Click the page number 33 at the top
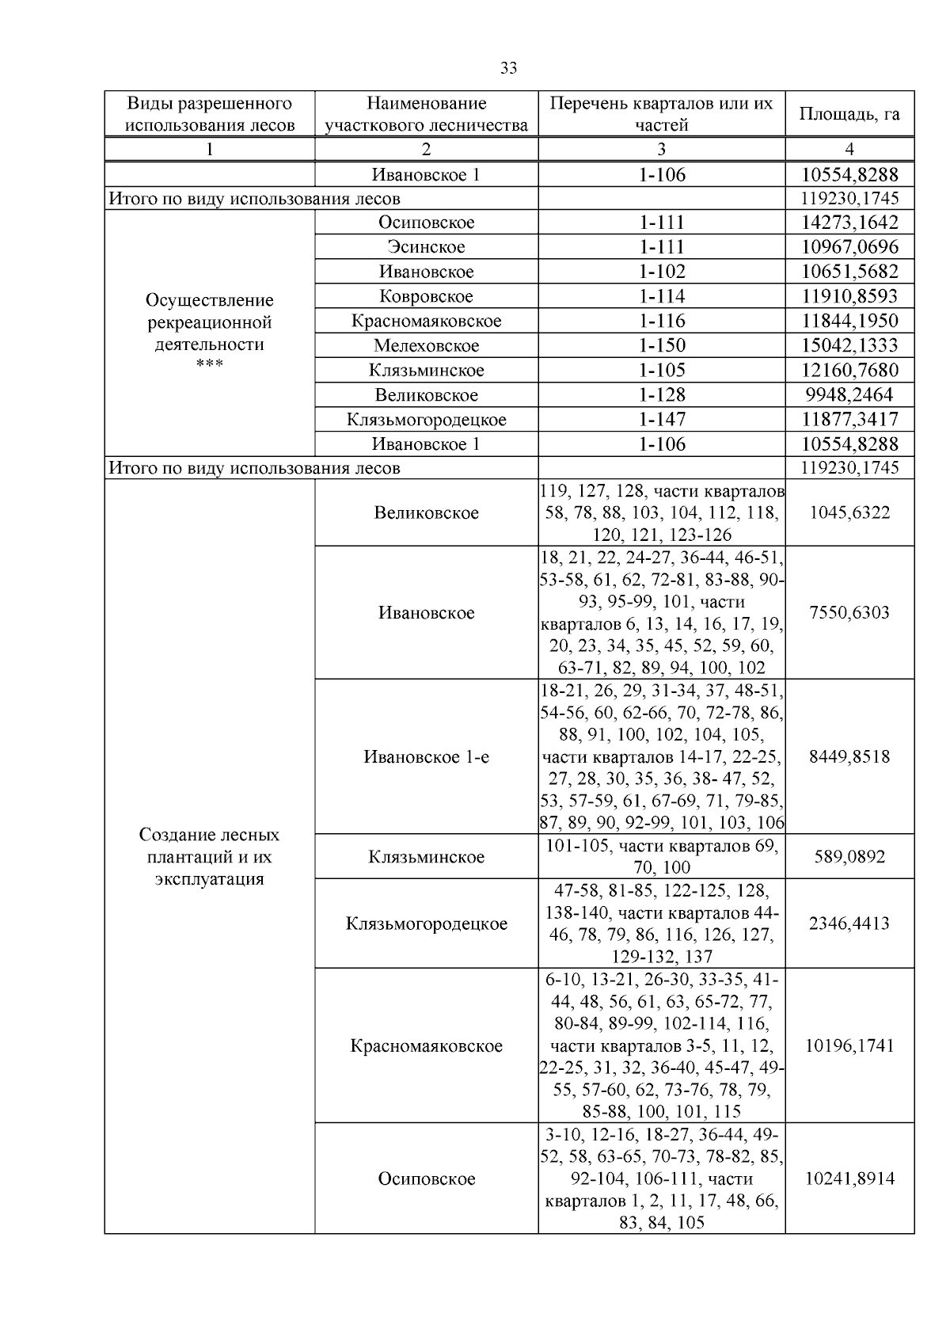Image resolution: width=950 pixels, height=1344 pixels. click(x=508, y=68)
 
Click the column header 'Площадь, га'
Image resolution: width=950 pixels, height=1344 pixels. click(x=849, y=114)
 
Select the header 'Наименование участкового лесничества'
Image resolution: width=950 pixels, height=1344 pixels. click(x=426, y=114)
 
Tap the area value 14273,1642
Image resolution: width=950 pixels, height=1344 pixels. click(x=849, y=223)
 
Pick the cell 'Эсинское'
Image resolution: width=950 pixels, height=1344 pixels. click(x=426, y=247)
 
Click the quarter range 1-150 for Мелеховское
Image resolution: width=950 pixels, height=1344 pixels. click(x=661, y=345)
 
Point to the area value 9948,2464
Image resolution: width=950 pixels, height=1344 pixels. click(x=849, y=394)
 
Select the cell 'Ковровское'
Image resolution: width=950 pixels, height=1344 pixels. click(x=426, y=296)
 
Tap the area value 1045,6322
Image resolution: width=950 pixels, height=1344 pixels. click(x=849, y=512)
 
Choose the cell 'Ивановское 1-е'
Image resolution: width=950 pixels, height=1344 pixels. click(x=426, y=756)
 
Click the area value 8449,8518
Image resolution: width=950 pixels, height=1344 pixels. click(x=849, y=756)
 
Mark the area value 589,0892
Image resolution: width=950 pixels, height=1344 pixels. click(x=849, y=856)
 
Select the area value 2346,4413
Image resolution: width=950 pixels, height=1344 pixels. click(x=849, y=923)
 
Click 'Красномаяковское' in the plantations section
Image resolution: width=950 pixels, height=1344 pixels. click(x=426, y=1045)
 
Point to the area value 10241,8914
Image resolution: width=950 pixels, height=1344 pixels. click(x=849, y=1178)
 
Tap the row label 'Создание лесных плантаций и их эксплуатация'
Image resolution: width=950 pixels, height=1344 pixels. click(x=209, y=856)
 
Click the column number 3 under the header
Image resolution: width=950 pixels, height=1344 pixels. click(x=661, y=149)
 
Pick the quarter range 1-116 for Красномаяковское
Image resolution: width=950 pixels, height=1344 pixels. click(x=661, y=321)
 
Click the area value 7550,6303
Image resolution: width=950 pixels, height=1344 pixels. click(x=849, y=612)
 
